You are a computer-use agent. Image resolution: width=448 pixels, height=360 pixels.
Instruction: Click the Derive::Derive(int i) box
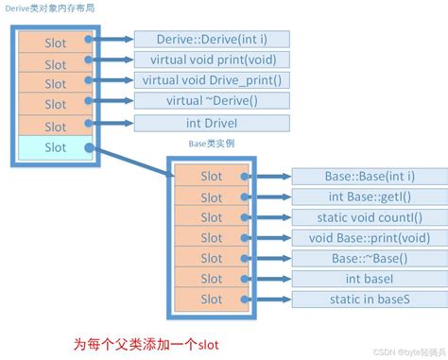pos(212,39)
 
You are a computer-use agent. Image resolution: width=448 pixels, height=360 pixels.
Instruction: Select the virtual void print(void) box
pos(212,59)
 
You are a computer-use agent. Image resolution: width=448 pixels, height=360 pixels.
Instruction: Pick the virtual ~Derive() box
pos(212,100)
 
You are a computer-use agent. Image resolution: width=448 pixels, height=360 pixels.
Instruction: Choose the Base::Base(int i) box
pos(369,176)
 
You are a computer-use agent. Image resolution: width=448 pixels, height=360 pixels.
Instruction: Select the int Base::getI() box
pos(369,197)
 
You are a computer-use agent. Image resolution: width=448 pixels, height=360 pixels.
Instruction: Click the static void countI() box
pos(369,217)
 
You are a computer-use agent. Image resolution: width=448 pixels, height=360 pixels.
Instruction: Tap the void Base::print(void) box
pos(369,237)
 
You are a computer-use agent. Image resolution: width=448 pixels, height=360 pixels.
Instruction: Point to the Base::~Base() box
pos(369,258)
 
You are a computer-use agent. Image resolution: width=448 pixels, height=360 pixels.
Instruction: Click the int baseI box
pos(369,278)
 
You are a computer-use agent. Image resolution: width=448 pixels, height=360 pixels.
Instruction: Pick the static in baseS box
pos(369,299)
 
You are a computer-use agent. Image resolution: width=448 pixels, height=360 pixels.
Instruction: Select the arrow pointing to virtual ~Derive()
pos(113,101)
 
